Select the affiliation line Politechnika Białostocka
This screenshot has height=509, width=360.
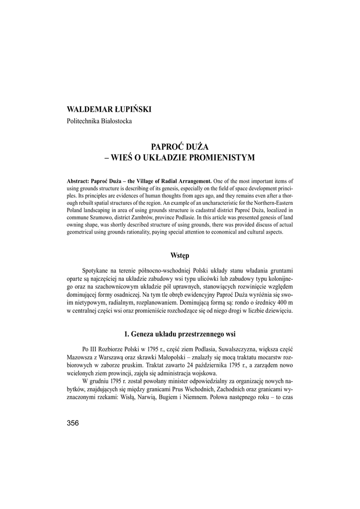(x=99, y=121)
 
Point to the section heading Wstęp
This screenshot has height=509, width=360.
(x=180, y=255)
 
